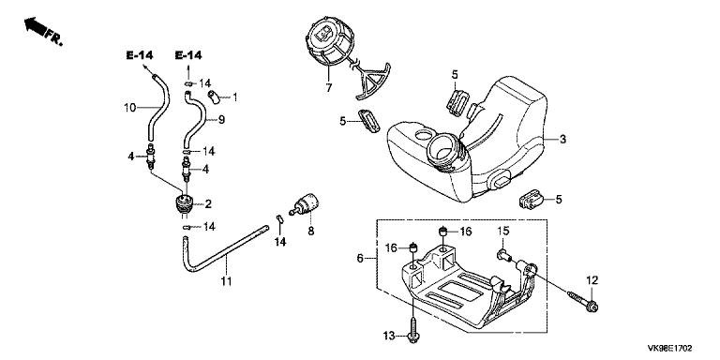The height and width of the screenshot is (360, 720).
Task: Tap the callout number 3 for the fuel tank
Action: point(562,139)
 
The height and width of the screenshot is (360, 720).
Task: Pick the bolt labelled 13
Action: point(413,328)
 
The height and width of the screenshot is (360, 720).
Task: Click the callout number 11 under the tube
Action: point(226,280)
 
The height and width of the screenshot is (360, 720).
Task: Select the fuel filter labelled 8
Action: point(305,204)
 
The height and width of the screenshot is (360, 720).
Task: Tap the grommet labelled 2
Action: point(184,203)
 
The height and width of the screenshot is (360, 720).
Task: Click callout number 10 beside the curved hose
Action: point(130,108)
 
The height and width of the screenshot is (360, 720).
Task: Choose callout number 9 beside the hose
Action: point(221,120)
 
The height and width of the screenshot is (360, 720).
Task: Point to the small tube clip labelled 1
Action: point(213,97)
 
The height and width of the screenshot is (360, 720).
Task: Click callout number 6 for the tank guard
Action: point(360,259)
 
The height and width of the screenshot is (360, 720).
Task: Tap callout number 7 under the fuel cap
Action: point(328,87)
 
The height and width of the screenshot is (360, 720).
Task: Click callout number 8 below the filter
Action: point(311,232)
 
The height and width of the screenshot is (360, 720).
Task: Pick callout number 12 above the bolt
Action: point(592,279)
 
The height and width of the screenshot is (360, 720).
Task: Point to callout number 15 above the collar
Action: point(503,231)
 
